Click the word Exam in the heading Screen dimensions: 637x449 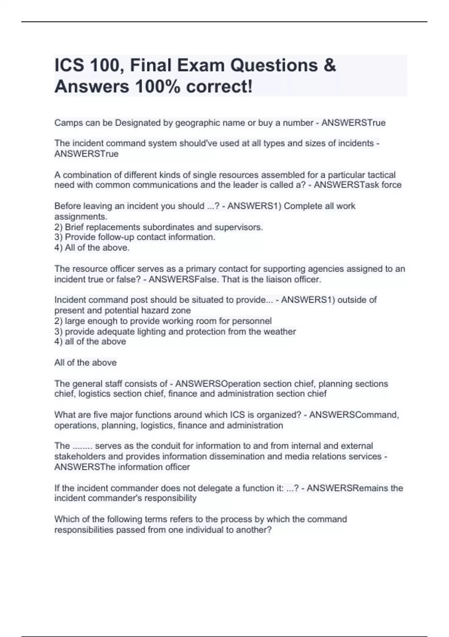200,66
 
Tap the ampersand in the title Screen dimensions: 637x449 329,66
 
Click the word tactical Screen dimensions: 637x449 381,175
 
